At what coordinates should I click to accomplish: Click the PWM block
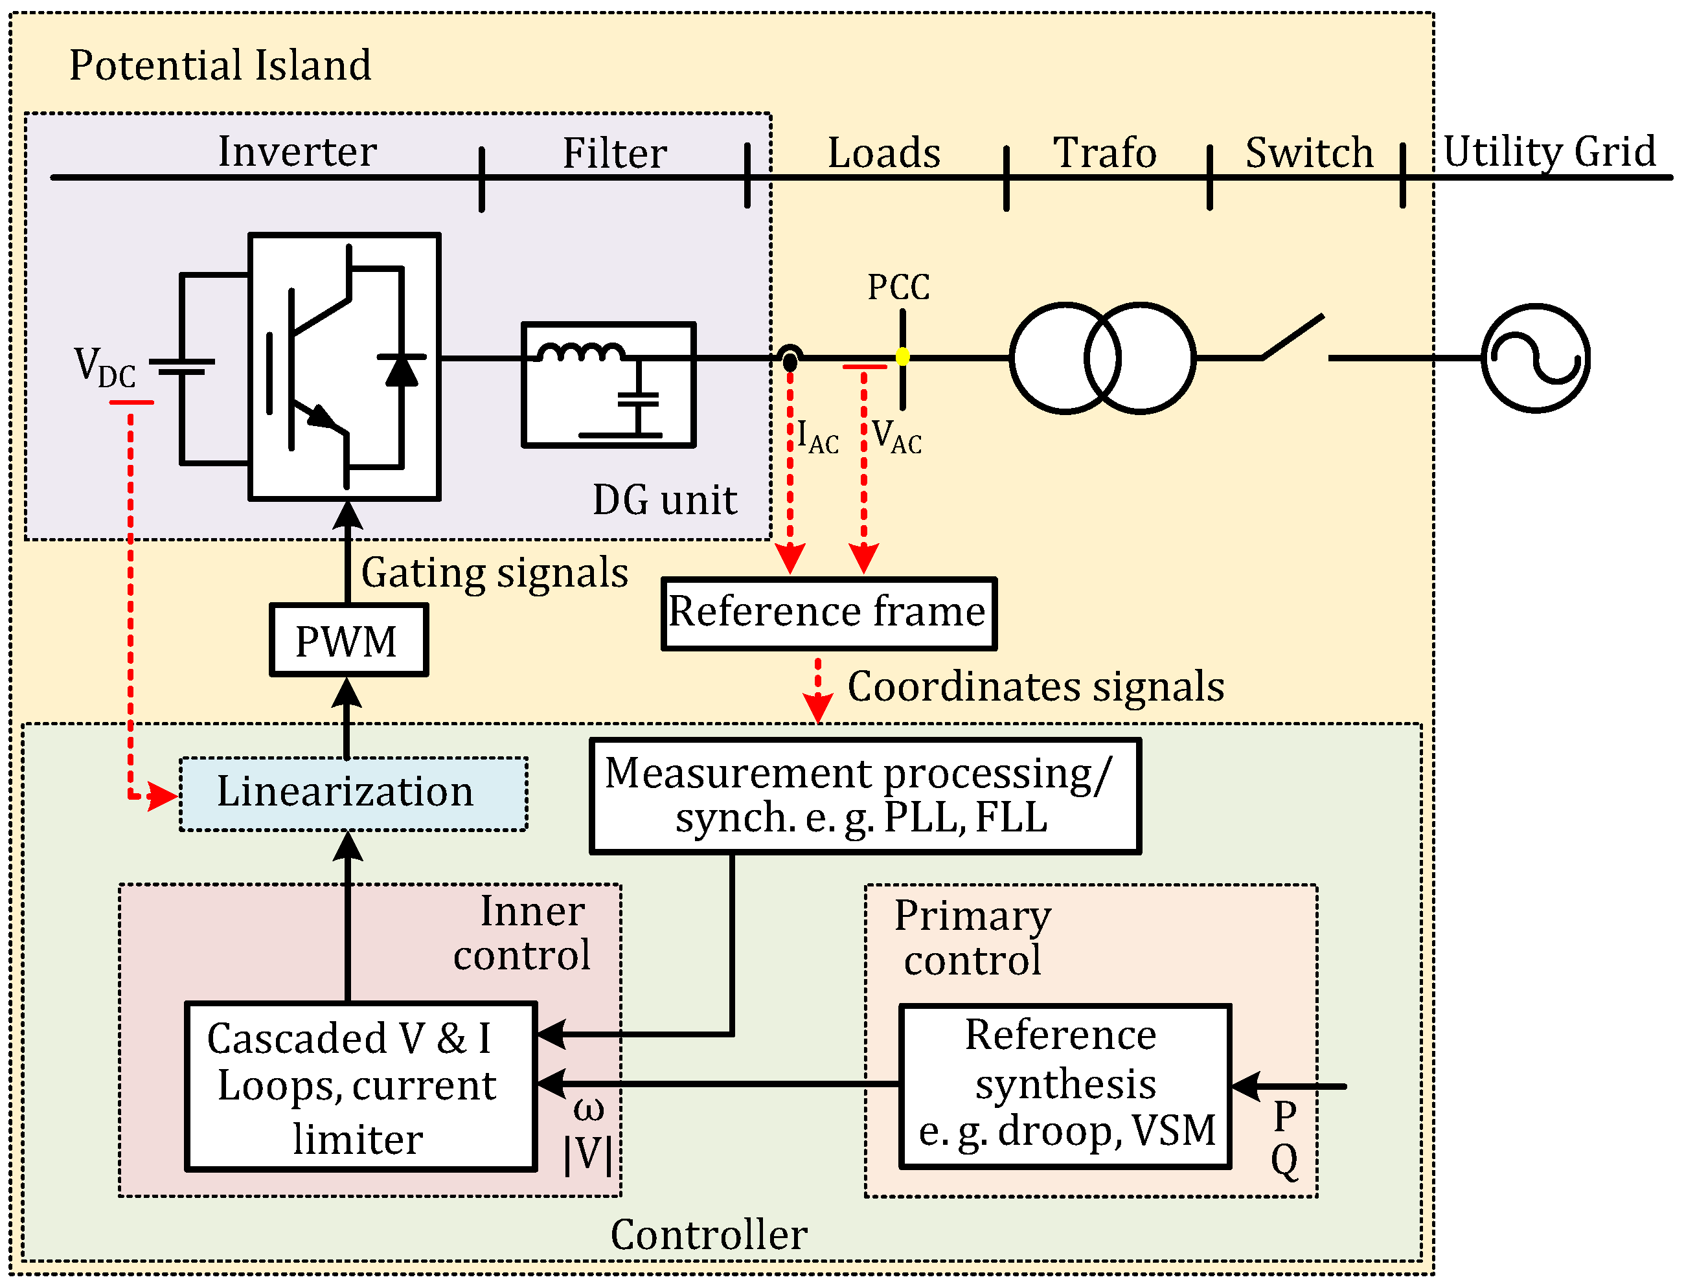tap(348, 640)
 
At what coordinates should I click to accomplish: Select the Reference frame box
tap(828, 613)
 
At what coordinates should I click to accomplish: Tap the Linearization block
tap(353, 793)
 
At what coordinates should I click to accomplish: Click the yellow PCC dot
tap(902, 357)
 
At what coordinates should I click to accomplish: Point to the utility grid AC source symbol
tap(1535, 357)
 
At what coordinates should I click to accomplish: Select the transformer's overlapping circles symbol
tap(1102, 357)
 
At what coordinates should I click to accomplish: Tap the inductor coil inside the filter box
tap(580, 352)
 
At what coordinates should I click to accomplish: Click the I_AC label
tap(817, 437)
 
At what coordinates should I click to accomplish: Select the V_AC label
tap(896, 437)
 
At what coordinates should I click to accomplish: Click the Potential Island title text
tap(220, 65)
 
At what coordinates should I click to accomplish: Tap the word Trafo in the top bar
tap(1104, 152)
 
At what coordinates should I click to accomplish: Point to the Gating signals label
tap(494, 572)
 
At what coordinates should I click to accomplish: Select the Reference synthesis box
tap(1065, 1086)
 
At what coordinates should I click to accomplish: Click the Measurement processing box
tap(864, 795)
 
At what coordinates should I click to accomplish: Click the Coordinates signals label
tap(1035, 686)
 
